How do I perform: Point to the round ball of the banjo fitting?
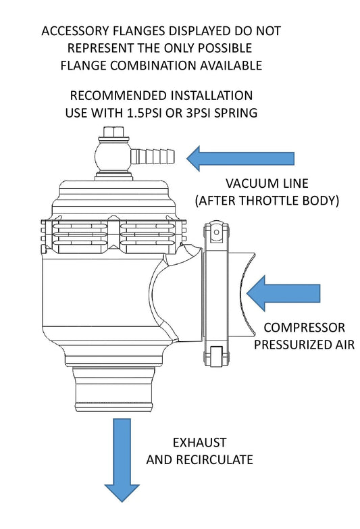(111, 156)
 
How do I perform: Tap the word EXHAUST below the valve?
(199, 444)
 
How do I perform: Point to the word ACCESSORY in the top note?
(74, 32)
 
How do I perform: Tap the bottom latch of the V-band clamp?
(215, 356)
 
